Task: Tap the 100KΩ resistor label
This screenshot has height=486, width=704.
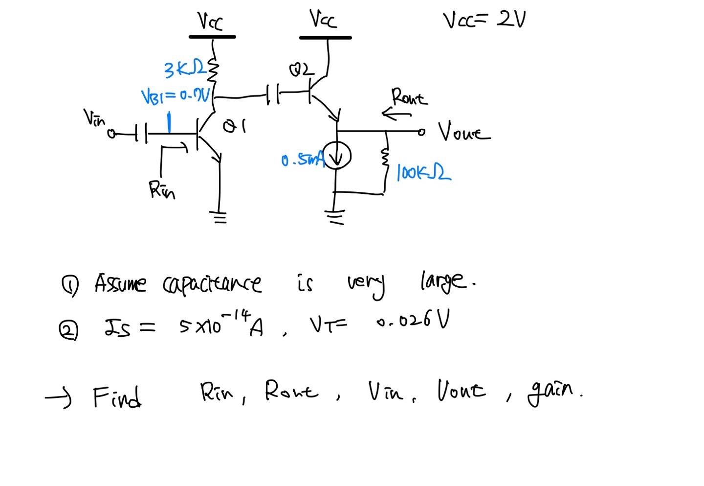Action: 423,172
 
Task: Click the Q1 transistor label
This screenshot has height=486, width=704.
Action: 234,127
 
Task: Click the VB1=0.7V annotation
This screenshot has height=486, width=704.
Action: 176,95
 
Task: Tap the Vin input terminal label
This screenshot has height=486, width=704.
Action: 94,118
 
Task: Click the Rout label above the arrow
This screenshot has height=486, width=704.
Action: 409,97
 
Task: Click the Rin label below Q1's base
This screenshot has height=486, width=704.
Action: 162,189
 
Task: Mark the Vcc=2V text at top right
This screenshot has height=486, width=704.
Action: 484,21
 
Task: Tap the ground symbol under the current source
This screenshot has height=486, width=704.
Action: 335,216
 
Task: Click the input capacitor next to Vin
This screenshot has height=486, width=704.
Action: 140,133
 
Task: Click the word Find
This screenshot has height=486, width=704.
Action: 117,397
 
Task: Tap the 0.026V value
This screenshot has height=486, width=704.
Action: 413,323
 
